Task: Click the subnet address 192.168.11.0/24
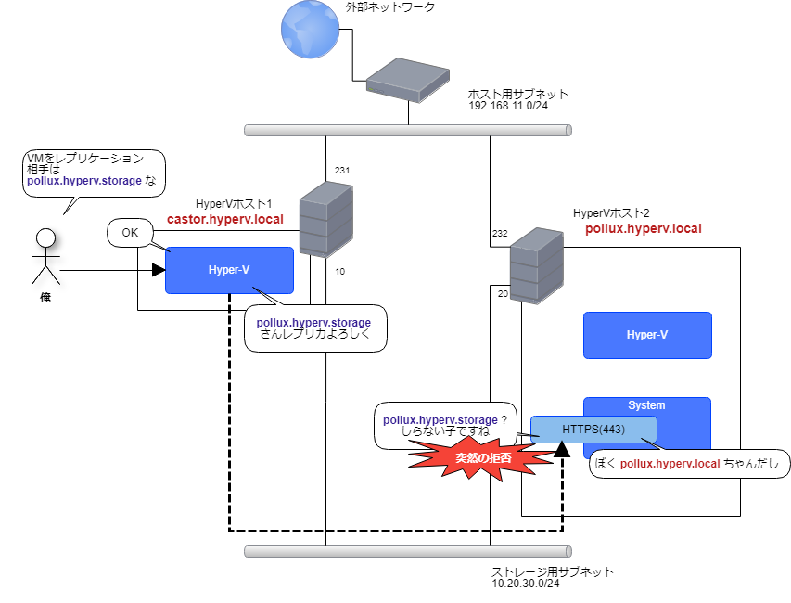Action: click(508, 106)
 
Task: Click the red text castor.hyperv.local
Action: click(224, 220)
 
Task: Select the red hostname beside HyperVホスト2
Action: click(643, 228)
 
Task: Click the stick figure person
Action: click(45, 256)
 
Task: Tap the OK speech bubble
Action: click(130, 233)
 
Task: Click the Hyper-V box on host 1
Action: click(229, 270)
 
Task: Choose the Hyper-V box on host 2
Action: click(646, 335)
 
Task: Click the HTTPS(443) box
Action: click(593, 430)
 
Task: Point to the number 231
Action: click(342, 171)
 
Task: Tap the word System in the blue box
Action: click(646, 405)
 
